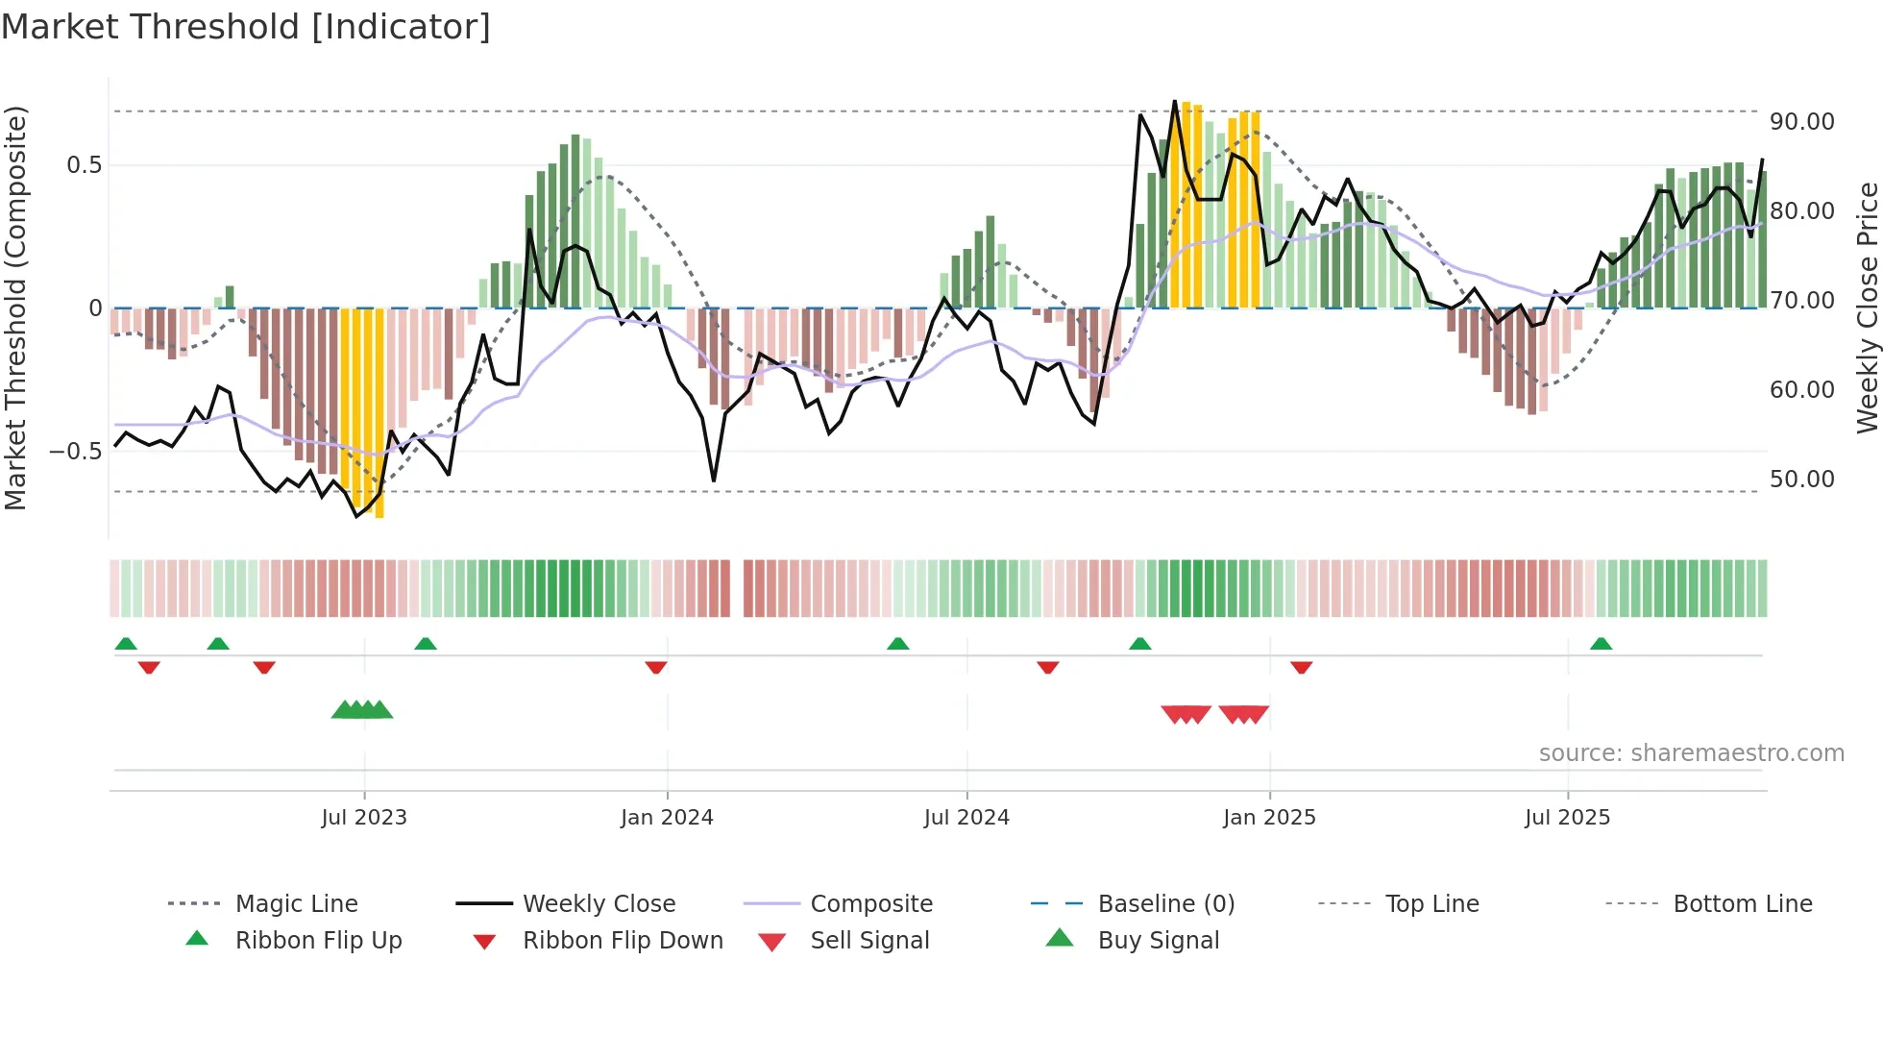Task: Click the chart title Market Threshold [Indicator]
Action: (x=246, y=27)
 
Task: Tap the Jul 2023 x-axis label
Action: (x=364, y=818)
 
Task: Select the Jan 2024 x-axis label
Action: (x=667, y=818)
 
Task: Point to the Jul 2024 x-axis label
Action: (x=966, y=818)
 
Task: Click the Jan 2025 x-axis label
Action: (x=1269, y=818)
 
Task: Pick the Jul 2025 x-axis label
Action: (x=1567, y=818)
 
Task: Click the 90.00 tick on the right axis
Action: (x=1801, y=122)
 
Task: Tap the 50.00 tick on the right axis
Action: (x=1801, y=480)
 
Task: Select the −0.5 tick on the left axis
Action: (x=76, y=452)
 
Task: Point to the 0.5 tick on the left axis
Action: (x=85, y=165)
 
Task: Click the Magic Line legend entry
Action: (x=296, y=904)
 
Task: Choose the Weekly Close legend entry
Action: (x=599, y=904)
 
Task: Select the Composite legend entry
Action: (x=870, y=904)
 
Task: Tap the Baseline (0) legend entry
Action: (x=1165, y=904)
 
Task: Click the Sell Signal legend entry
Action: (x=869, y=941)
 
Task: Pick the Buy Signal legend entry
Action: (x=1158, y=941)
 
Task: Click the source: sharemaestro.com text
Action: (x=1691, y=753)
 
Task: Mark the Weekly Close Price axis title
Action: (x=1867, y=308)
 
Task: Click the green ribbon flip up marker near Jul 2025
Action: (x=1601, y=644)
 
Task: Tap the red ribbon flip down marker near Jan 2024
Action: (x=656, y=667)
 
